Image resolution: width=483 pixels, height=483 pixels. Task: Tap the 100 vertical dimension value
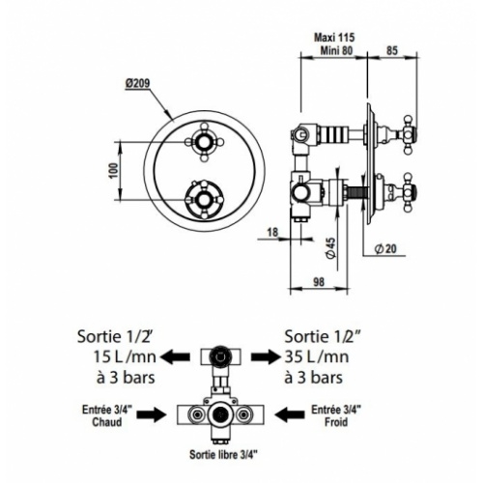(113, 169)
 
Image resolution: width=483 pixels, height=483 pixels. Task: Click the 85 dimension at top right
(391, 44)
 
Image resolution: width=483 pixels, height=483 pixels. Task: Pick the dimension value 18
(271, 230)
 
